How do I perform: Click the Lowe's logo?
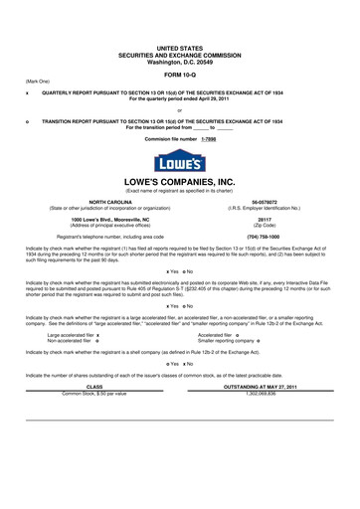pos(179,159)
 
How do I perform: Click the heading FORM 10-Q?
pos(179,75)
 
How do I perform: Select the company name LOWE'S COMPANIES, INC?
pos(179,182)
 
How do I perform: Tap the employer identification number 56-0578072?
pos(264,201)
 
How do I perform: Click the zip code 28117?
pos(264,218)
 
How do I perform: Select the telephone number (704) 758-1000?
pos(264,237)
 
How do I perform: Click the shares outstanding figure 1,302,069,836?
pos(264,421)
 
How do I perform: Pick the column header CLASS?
pos(94,415)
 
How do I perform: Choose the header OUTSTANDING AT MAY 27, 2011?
pos(264,415)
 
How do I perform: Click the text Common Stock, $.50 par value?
pos(94,421)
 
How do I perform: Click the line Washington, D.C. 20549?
pos(179,61)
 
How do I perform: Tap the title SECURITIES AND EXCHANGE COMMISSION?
pos(179,54)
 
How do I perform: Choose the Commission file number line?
pos(179,139)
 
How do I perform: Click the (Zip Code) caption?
pos(264,224)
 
